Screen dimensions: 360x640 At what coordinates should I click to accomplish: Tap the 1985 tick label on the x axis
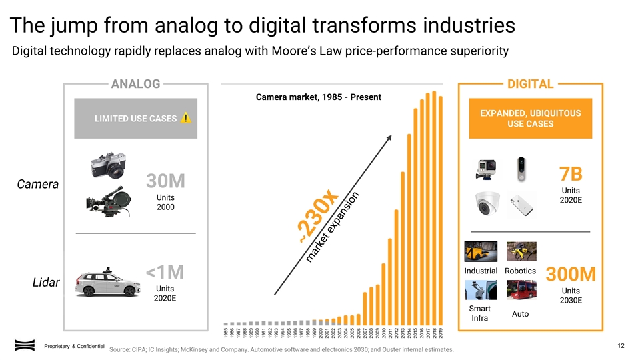(x=226, y=332)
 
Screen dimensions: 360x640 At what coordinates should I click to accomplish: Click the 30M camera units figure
(x=165, y=181)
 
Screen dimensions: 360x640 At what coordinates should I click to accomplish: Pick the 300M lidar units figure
(x=571, y=275)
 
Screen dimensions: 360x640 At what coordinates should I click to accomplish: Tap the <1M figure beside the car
(x=165, y=271)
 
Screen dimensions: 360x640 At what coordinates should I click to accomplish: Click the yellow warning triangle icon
(x=185, y=118)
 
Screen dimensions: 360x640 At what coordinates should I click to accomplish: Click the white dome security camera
(x=488, y=205)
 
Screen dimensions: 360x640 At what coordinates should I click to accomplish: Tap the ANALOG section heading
(x=135, y=84)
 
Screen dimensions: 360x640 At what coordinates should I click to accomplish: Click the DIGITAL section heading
(x=531, y=84)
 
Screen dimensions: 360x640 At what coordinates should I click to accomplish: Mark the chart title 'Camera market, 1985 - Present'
(x=319, y=97)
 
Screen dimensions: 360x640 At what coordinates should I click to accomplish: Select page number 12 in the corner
(x=621, y=345)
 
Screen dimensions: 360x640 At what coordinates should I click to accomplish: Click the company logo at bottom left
(x=25, y=345)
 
